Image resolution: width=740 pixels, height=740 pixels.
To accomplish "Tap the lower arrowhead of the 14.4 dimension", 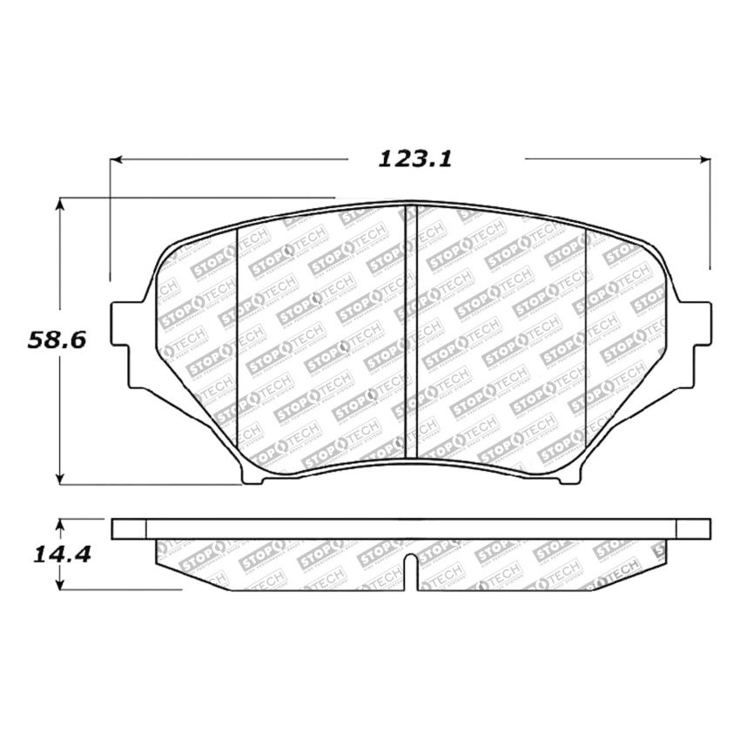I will tap(60, 585).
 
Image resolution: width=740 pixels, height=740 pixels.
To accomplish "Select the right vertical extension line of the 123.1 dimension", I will tap(710, 218).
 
